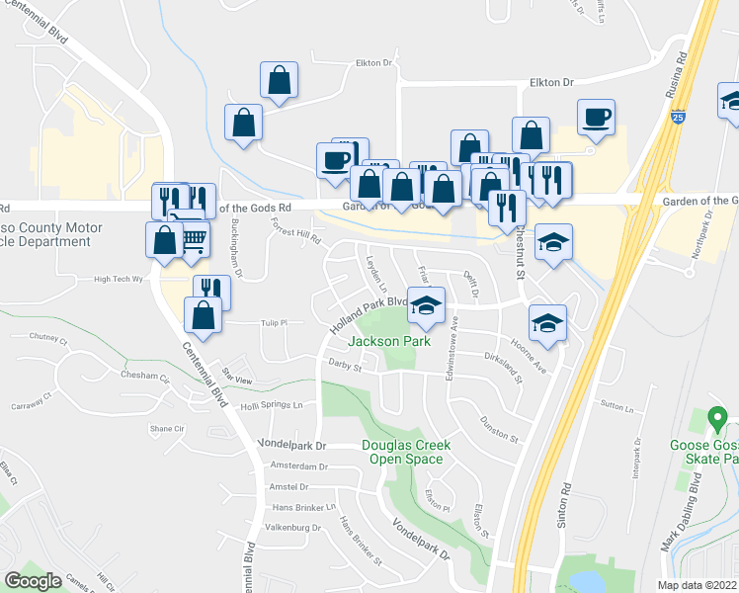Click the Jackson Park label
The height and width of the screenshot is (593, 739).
[x=386, y=341]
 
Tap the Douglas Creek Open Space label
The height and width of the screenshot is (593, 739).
[x=406, y=452]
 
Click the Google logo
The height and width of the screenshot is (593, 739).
[x=33, y=581]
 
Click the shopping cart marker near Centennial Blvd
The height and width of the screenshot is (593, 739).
[x=193, y=239]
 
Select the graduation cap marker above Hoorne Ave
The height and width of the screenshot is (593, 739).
[x=547, y=323]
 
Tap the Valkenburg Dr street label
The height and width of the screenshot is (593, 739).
[x=290, y=529]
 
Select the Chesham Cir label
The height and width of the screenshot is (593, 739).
[x=138, y=376]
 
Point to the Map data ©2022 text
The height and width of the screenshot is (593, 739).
[x=696, y=585]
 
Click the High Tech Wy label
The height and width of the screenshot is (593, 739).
[x=119, y=280]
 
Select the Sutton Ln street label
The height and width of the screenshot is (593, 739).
[x=616, y=405]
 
